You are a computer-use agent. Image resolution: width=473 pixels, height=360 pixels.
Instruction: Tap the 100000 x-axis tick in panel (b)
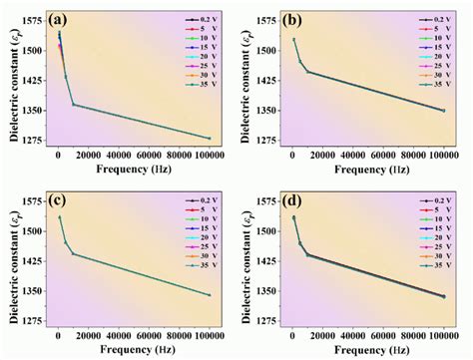pyautogui.click(x=443, y=157)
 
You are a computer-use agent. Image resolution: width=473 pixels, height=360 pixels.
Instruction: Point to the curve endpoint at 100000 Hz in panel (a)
pyautogui.click(x=210, y=138)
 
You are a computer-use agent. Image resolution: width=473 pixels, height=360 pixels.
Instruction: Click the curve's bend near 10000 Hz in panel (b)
pyautogui.click(x=307, y=72)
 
